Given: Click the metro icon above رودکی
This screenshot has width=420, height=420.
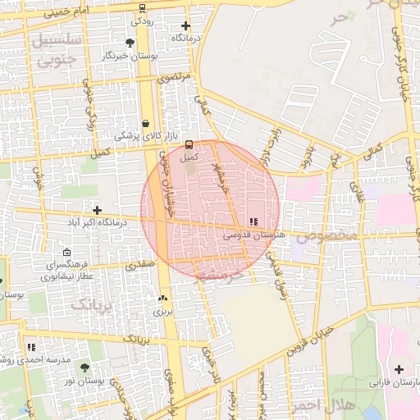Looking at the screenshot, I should [142, 7].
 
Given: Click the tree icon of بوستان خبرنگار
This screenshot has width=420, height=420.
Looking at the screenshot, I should [130, 43].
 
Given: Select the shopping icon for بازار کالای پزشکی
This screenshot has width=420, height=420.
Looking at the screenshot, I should [146, 124].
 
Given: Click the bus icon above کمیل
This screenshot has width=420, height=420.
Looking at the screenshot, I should [189, 144].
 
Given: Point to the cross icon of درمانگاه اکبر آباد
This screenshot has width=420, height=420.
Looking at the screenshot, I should [98, 211].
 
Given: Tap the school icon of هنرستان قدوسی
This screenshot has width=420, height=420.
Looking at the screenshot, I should [253, 221].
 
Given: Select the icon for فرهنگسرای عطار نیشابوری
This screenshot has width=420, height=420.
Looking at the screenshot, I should [66, 253].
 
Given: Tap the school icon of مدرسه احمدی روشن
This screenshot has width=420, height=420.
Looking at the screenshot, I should [31, 348].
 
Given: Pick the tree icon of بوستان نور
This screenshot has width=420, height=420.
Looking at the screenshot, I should [84, 368].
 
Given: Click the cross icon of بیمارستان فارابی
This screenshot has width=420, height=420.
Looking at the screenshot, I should [399, 370].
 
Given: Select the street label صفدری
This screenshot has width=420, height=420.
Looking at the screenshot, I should [139, 267].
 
